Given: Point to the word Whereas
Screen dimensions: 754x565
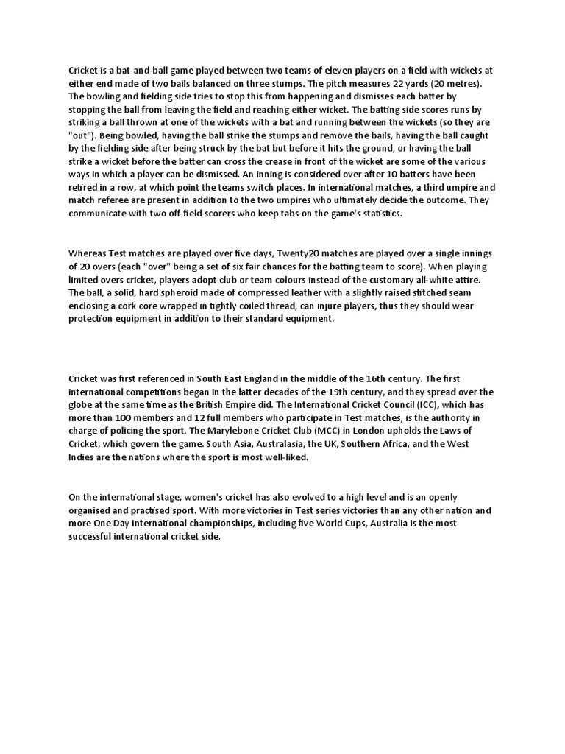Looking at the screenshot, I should pos(87,254).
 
